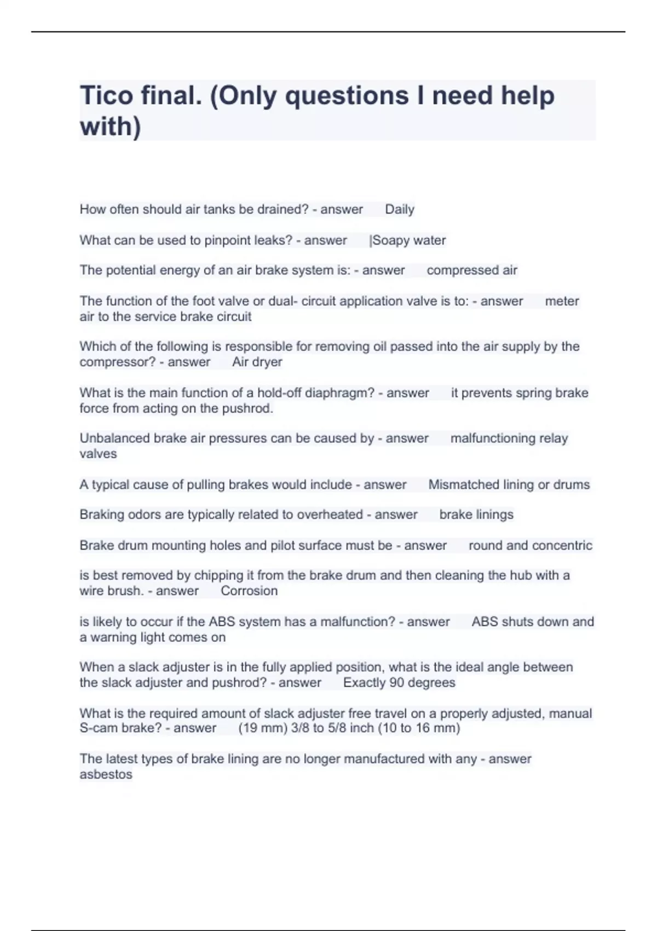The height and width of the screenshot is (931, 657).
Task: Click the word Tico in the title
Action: pos(106,96)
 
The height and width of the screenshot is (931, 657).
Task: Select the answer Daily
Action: pos(399,209)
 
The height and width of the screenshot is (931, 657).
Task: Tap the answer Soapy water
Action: pos(408,240)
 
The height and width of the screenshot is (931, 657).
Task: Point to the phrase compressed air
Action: pos(471,270)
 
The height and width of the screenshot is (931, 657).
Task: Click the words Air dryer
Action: pos(257,362)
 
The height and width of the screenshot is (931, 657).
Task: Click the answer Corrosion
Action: pos(249,591)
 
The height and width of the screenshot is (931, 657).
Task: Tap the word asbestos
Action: pos(106,774)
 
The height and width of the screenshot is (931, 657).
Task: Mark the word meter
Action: pos(562,301)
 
